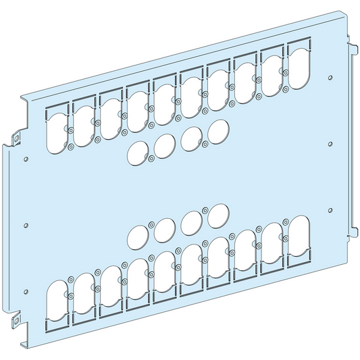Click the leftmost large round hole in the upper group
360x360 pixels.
coord(138,152)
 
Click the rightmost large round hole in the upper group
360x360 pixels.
coord(217,130)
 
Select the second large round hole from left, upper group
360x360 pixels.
coord(164,145)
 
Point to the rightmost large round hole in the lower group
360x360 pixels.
coord(217,216)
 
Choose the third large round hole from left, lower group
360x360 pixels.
coord(191,223)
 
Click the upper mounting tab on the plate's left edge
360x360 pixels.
coord(16,138)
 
